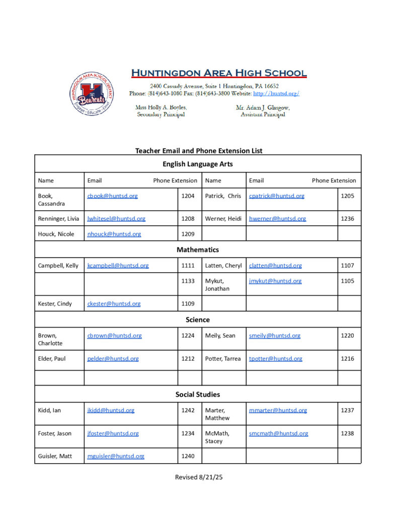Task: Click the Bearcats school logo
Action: point(92,94)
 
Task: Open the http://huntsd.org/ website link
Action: point(276,94)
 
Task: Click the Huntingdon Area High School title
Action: point(219,73)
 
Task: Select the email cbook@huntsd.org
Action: point(112,196)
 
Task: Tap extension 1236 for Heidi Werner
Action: point(347,219)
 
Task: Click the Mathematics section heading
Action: point(198,250)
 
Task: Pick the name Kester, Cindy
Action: point(55,304)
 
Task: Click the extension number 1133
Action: point(188,281)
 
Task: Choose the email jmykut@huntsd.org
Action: point(275,281)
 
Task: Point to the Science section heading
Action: point(198,320)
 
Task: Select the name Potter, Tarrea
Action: point(223,359)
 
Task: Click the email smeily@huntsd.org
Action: point(274,336)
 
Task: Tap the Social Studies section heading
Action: point(198,395)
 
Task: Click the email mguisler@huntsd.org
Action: point(116,457)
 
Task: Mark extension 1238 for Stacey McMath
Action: point(347,433)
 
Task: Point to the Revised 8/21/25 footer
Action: point(199,477)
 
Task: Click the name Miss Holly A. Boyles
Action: point(161,108)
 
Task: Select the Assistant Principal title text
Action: point(263,115)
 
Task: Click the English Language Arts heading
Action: point(198,164)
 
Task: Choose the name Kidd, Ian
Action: point(49,411)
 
